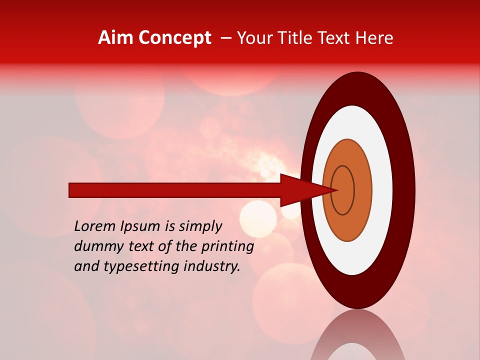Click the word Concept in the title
(x=174, y=38)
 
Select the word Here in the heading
(x=375, y=38)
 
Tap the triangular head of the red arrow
(x=305, y=190)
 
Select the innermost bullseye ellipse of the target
(x=343, y=190)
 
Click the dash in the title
(x=226, y=38)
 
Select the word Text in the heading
(x=339, y=38)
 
